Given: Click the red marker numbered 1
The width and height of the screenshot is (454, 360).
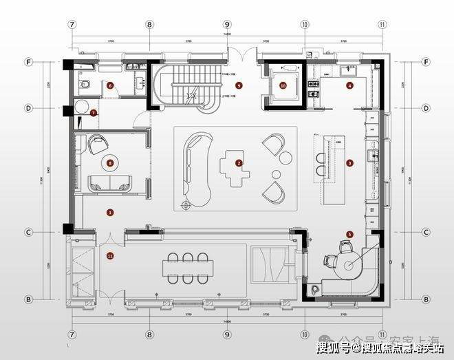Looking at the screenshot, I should [x=110, y=213].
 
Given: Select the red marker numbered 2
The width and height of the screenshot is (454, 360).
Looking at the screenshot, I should [x=239, y=163].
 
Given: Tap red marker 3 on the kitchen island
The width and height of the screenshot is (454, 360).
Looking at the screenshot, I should [x=349, y=163].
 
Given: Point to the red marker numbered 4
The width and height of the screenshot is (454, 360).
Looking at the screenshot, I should [x=350, y=86].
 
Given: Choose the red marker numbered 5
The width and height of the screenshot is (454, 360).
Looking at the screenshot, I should [x=349, y=234].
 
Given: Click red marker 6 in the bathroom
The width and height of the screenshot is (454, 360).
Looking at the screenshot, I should [x=110, y=86].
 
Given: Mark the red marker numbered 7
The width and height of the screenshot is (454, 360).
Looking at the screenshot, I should [x=94, y=112].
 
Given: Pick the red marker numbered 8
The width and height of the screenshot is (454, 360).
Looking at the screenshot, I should [x=110, y=163].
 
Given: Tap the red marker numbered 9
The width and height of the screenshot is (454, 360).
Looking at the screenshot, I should [x=239, y=85].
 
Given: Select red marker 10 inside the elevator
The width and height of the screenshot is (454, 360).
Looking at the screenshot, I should [x=283, y=86].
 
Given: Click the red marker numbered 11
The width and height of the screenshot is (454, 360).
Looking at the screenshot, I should [x=110, y=256].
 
